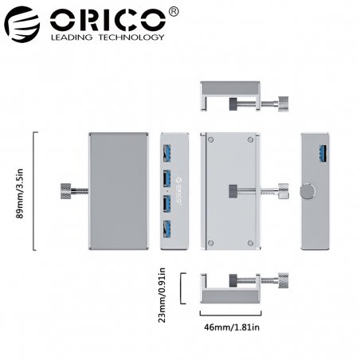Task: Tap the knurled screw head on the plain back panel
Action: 65,190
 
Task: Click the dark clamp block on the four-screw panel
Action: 231,191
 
